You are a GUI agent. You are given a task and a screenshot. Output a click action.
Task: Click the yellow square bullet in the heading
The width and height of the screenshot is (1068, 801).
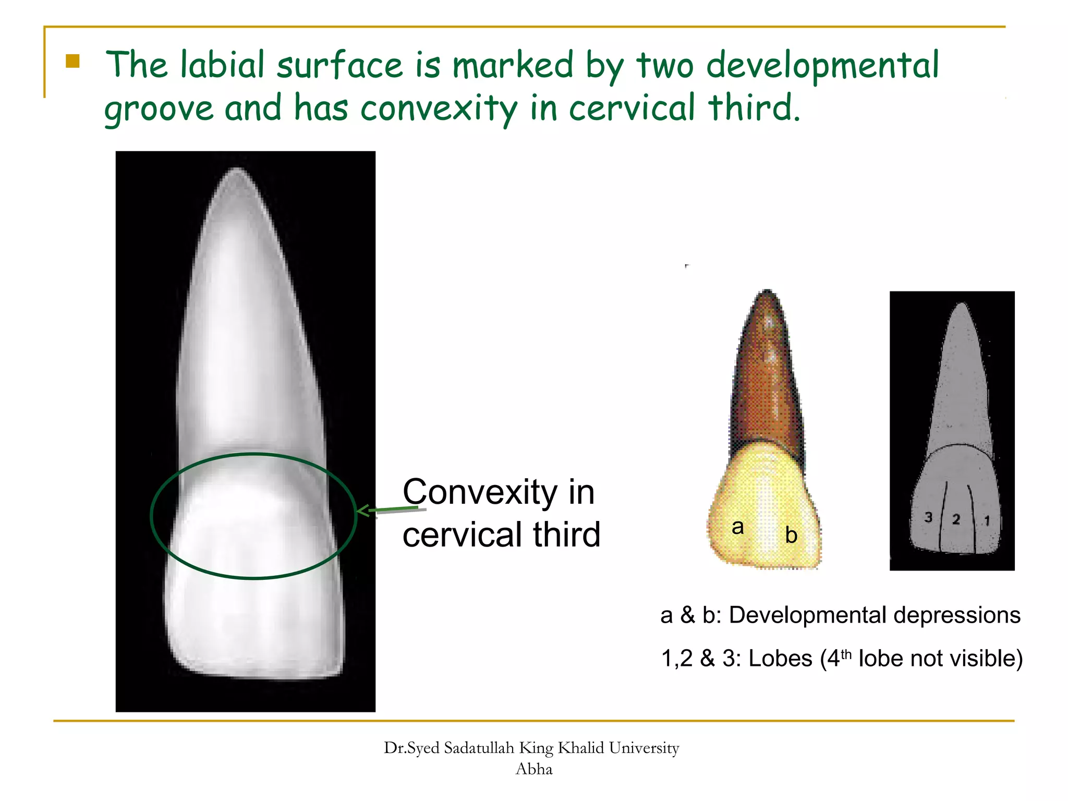(x=72, y=62)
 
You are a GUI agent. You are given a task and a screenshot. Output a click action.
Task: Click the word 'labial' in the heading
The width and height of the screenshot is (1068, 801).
(x=222, y=65)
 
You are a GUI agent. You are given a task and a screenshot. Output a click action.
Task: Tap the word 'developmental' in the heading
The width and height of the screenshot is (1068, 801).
(x=822, y=66)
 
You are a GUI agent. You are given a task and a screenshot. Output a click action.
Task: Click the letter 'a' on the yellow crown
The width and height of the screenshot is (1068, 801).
(x=737, y=527)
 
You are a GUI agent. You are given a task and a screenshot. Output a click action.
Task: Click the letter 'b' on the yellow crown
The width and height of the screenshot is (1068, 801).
(x=791, y=536)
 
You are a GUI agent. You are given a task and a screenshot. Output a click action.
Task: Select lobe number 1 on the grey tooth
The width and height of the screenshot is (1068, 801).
(x=987, y=520)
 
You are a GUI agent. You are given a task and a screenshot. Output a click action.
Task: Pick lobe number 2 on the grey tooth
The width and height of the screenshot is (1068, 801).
(x=956, y=519)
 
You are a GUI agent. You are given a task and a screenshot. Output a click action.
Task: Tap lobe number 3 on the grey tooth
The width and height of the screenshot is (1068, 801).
(x=928, y=517)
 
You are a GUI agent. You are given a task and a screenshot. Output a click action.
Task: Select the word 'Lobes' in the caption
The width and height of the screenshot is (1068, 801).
(x=780, y=659)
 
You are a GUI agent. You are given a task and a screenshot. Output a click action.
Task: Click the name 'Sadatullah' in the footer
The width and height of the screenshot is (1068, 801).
(x=479, y=748)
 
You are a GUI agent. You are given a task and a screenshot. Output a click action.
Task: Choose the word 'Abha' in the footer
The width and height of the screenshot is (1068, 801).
(x=533, y=769)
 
